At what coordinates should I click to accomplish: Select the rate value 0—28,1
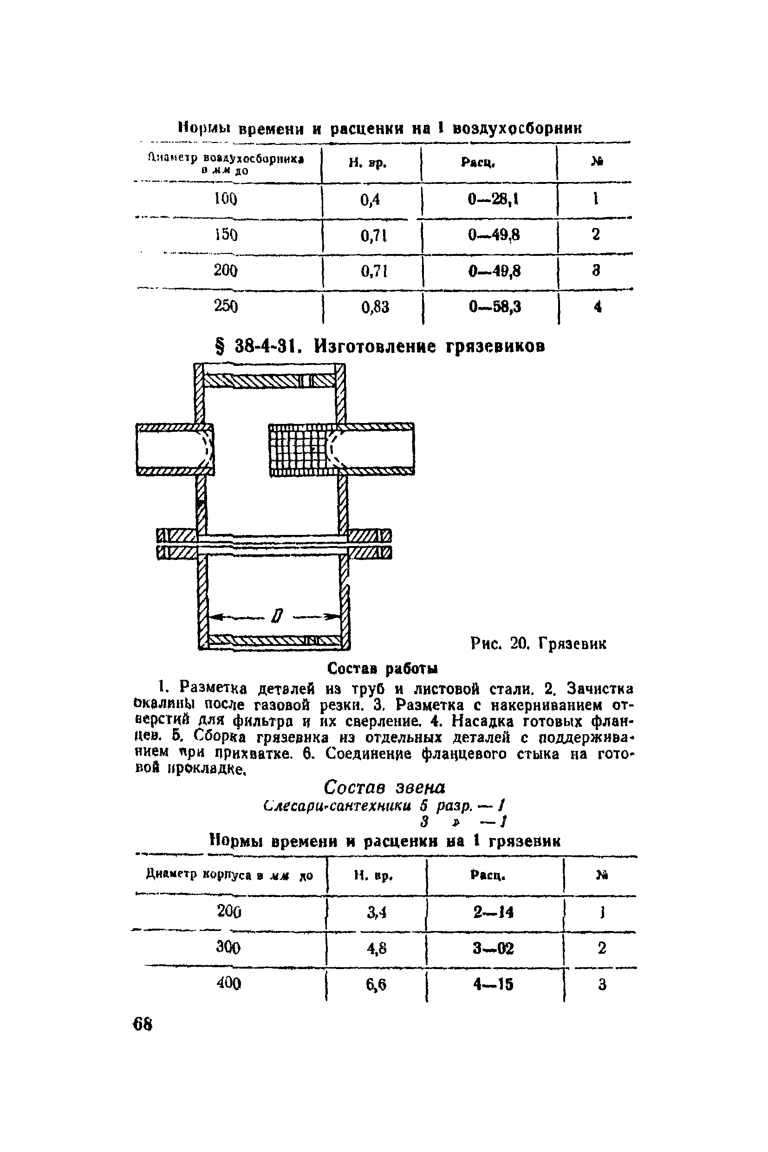493,199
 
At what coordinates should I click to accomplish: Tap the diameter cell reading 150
226,234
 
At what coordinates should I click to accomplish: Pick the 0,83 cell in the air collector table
375,307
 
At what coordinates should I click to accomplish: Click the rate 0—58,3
495,307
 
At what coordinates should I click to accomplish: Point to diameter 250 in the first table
226,306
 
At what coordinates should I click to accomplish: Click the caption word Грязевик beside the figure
572,644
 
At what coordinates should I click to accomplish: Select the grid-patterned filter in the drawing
300,449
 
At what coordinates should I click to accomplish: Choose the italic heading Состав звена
384,788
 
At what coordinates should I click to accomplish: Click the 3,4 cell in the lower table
377,912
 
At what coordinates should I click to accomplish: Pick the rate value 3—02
493,949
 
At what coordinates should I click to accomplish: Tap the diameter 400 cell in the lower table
229,983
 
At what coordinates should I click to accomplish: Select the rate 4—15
493,984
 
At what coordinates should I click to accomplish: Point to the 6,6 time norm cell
376,984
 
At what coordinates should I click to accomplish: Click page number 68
143,1025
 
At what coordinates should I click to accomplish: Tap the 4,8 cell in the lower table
377,949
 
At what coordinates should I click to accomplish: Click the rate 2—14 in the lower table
493,912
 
